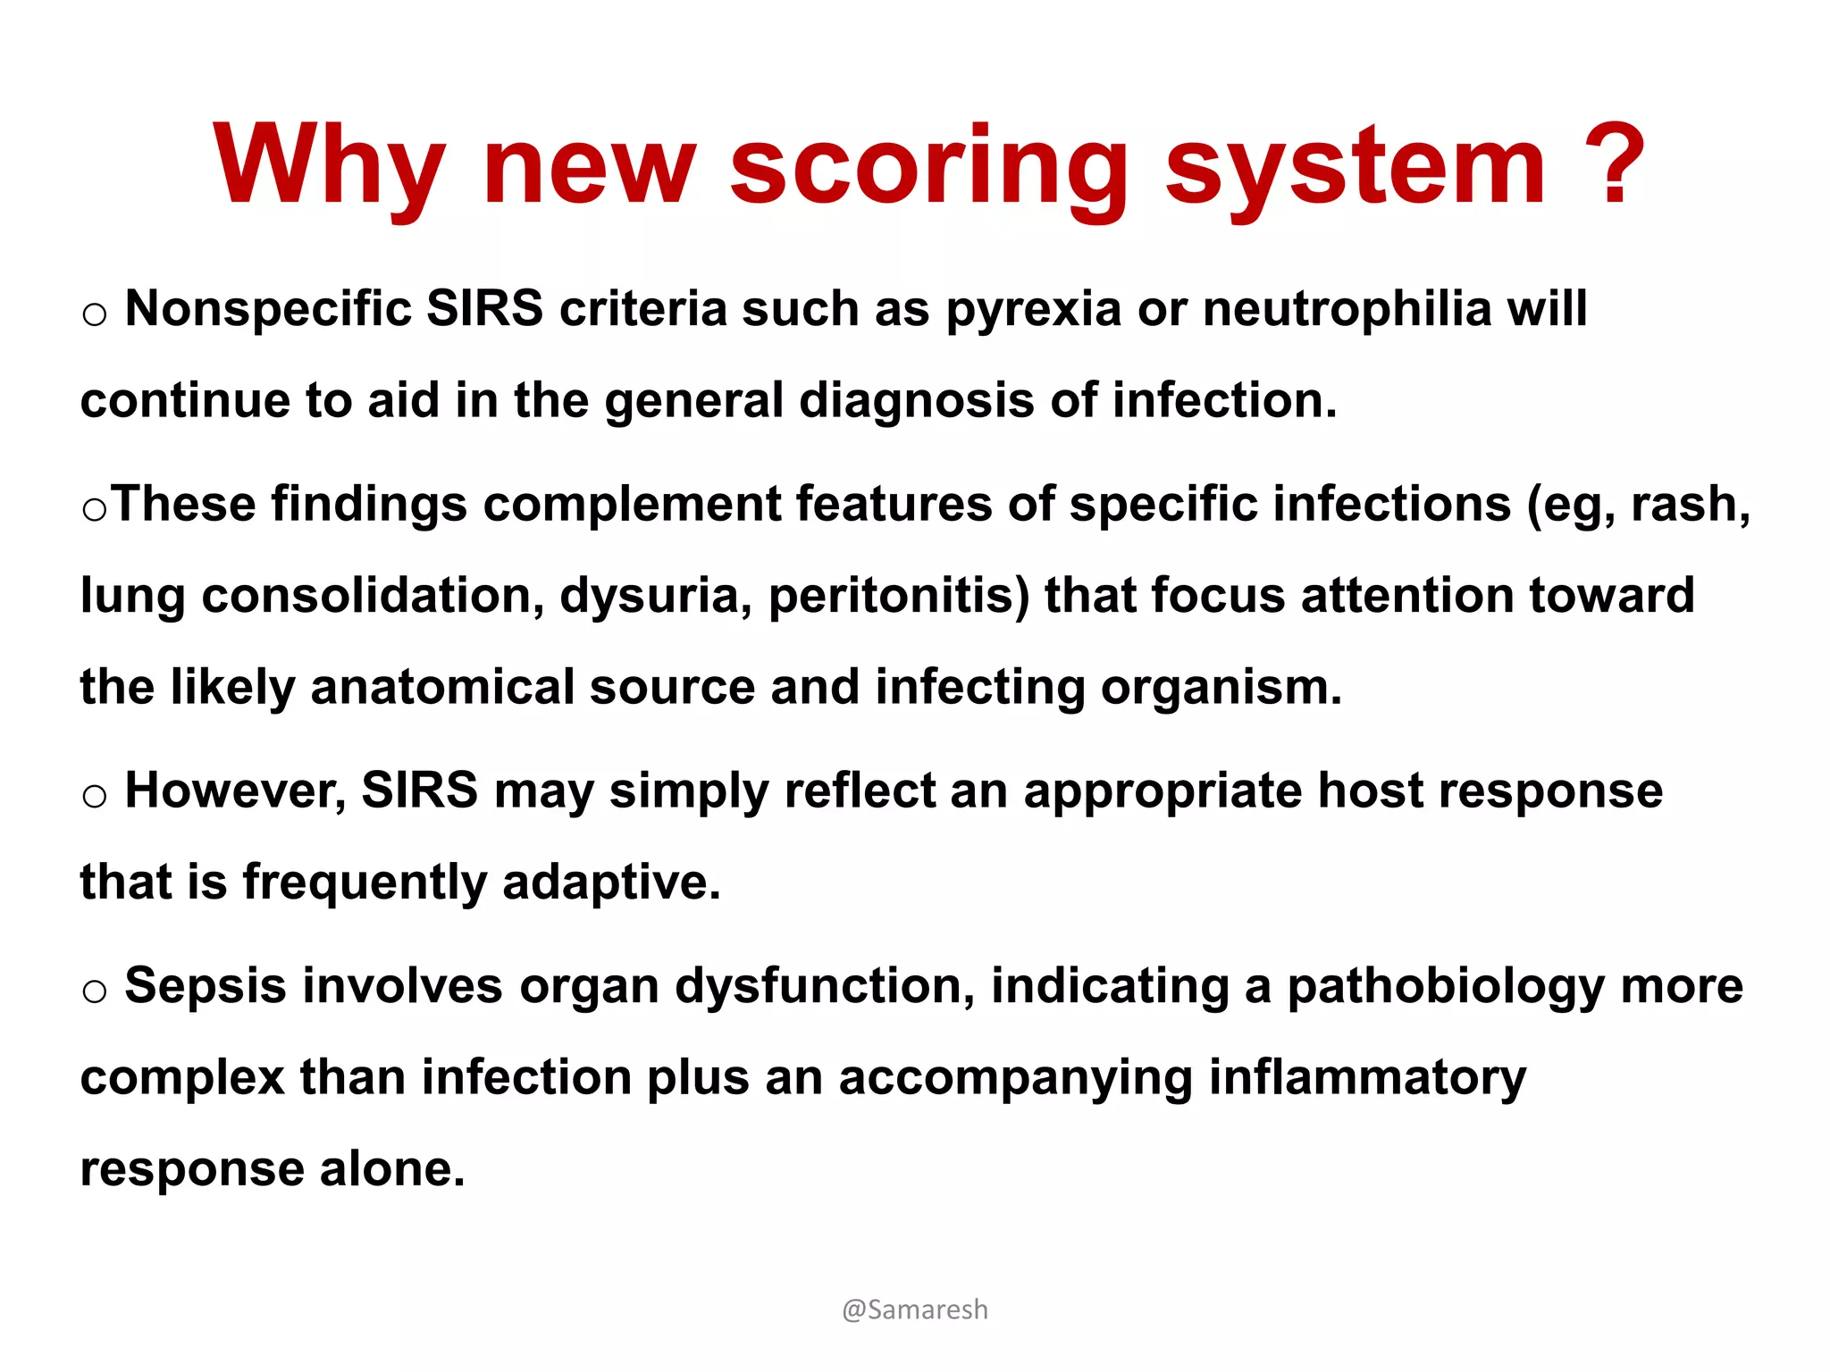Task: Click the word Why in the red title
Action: (x=329, y=167)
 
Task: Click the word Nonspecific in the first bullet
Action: (x=267, y=309)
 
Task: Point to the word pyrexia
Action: (x=1033, y=311)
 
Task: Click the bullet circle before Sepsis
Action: (x=94, y=991)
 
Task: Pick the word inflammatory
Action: (x=1367, y=1078)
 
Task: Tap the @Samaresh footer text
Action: (x=915, y=1309)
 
